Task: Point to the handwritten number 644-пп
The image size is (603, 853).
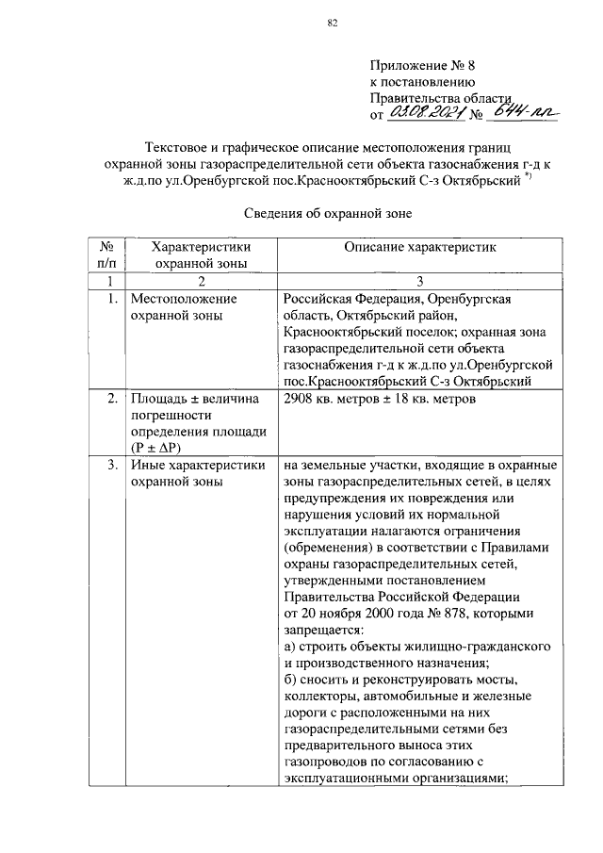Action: coord(527,114)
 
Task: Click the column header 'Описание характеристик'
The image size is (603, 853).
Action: coord(419,246)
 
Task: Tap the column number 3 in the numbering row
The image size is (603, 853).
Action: coord(419,281)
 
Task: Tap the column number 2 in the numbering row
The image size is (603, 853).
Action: coord(201,281)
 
